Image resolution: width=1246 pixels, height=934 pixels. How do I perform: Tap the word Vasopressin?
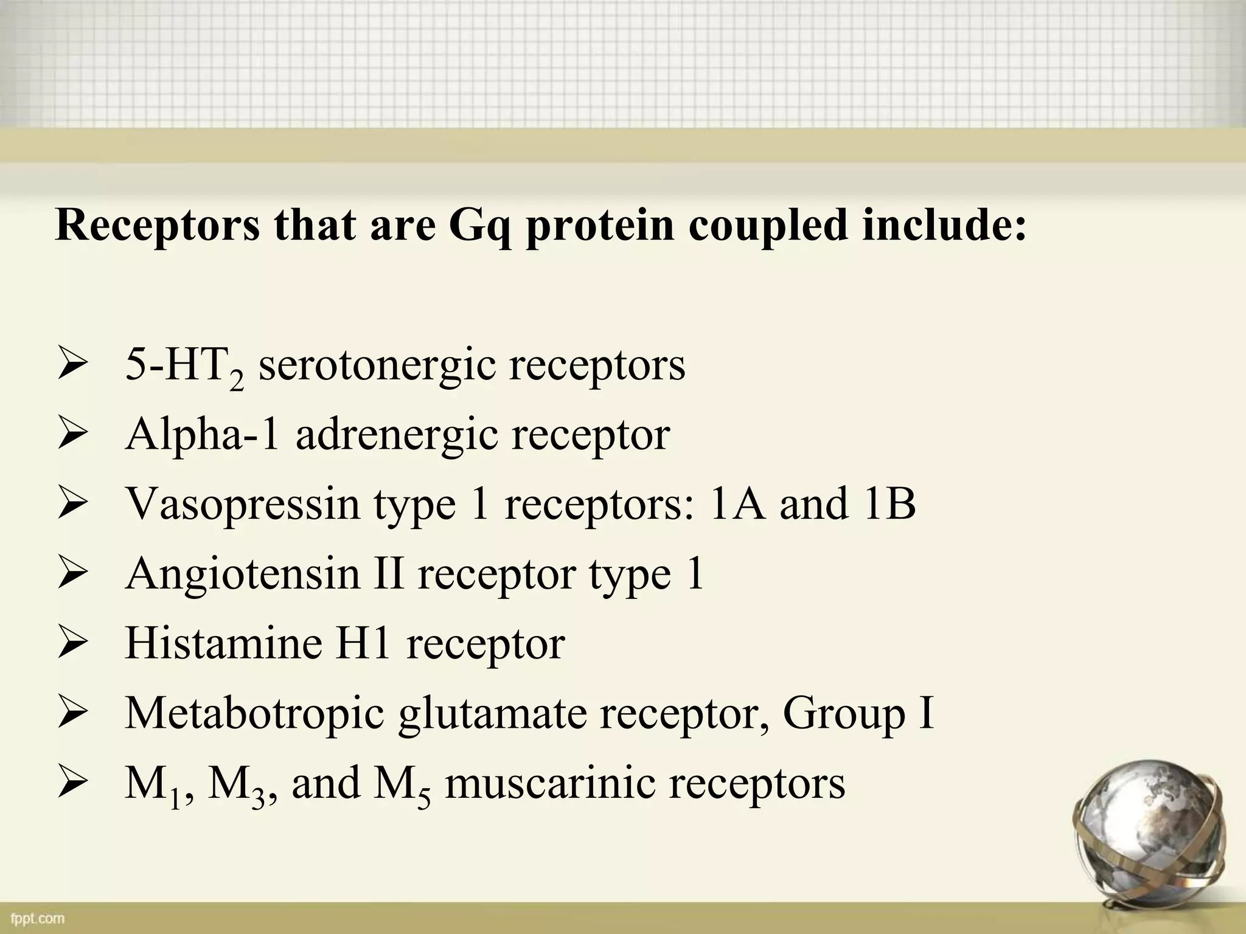(243, 505)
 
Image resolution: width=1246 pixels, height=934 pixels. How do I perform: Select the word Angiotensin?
(243, 575)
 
